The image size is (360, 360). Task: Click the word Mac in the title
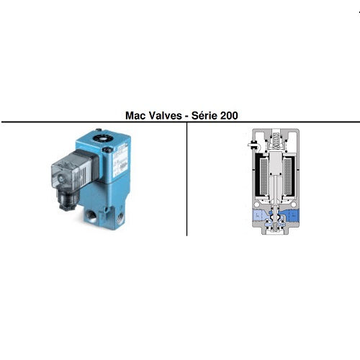point(135,114)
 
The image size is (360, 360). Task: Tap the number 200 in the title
point(230,114)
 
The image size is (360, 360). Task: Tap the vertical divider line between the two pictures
point(187,180)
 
